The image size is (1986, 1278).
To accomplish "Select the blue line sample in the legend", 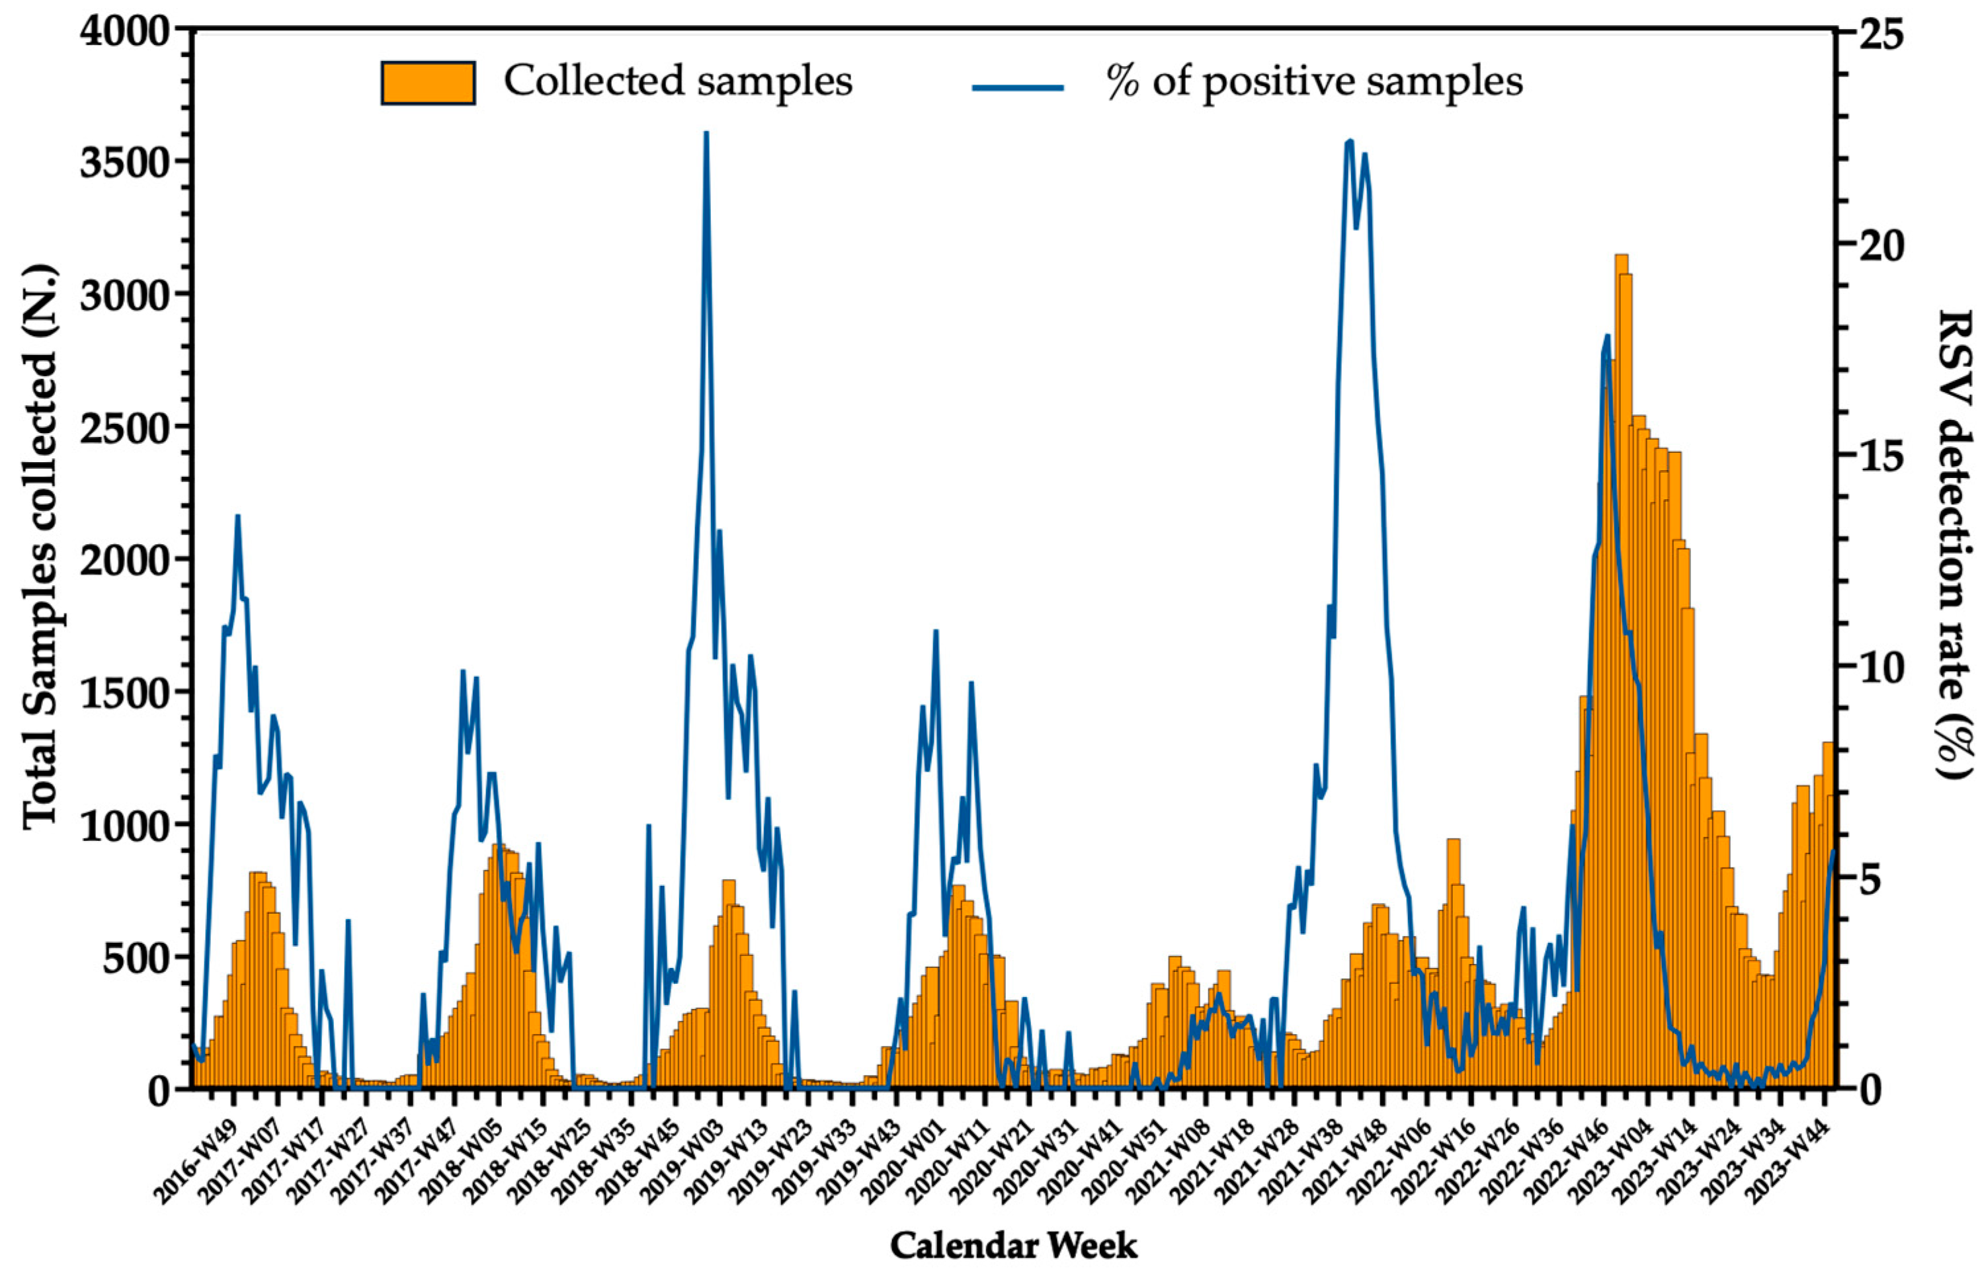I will (x=1018, y=87).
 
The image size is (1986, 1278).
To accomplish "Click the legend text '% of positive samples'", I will (x=1315, y=82).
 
